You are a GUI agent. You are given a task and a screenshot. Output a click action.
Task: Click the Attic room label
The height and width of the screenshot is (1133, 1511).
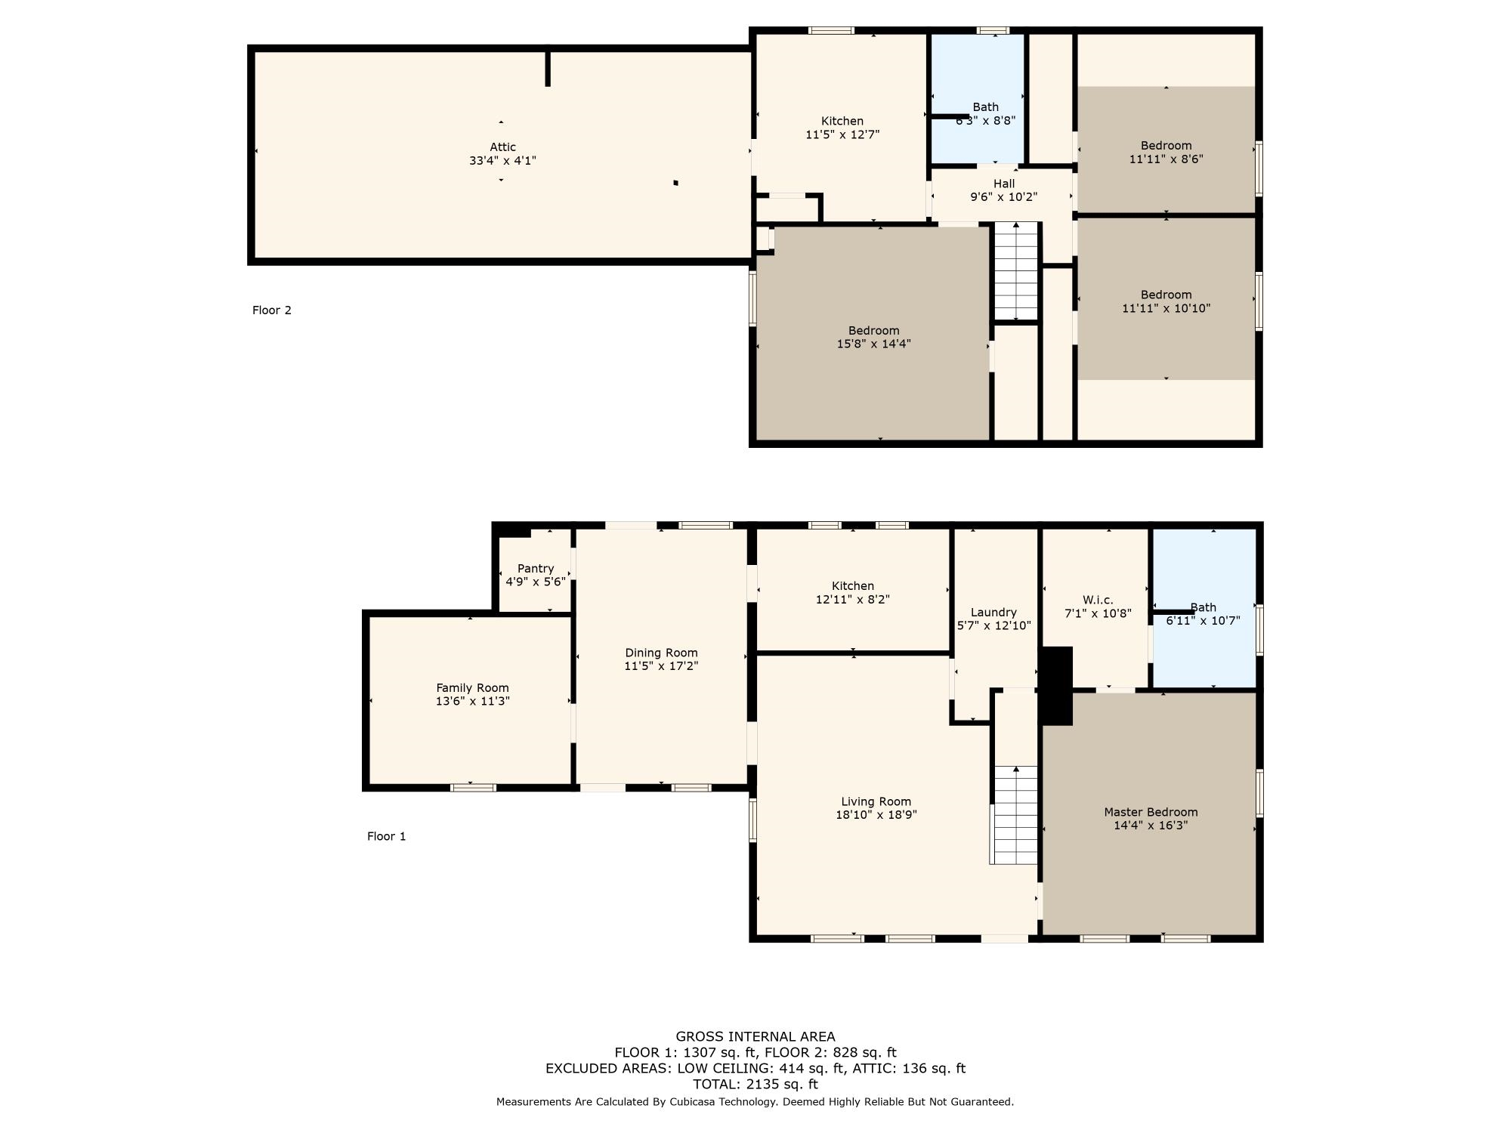502,147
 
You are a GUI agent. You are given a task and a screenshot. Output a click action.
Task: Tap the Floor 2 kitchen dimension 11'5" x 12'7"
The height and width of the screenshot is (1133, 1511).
842,134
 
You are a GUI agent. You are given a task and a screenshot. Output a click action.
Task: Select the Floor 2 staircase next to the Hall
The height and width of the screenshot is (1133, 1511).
1016,272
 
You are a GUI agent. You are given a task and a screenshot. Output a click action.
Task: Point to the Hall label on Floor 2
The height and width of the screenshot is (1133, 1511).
1003,184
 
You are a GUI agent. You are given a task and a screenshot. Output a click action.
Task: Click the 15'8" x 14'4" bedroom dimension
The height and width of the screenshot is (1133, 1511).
873,344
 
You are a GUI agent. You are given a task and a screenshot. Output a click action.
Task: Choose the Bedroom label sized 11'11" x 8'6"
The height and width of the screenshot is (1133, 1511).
1166,146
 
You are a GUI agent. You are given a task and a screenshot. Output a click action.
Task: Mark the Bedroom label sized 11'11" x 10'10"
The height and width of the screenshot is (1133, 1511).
1166,295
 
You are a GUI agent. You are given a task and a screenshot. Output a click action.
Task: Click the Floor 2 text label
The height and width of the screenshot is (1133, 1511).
271,310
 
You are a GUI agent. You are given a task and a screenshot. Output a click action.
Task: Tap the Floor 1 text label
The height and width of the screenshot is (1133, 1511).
386,836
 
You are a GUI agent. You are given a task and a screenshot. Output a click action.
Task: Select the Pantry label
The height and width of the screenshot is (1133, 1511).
536,568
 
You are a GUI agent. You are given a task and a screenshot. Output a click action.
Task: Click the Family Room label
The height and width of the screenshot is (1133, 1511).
472,687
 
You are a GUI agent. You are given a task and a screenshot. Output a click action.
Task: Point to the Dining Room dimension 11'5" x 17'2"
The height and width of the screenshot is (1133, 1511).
661,666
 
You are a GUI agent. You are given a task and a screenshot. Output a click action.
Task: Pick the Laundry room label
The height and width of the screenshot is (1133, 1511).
993,612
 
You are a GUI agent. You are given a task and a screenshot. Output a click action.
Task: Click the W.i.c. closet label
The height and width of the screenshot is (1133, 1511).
1097,600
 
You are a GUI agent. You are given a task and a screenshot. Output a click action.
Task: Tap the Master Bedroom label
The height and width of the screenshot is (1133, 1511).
1151,812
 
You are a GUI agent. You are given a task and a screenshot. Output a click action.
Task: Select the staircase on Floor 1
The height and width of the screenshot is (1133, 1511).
1015,816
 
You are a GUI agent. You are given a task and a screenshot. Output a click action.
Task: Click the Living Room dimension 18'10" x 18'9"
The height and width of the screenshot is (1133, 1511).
876,815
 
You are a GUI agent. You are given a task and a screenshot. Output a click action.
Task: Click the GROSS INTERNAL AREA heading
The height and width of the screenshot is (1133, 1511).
755,1036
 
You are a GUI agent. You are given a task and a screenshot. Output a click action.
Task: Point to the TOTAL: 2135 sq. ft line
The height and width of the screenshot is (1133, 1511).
755,1084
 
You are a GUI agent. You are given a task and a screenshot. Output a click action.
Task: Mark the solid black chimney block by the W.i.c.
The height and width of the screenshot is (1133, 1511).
1057,686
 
